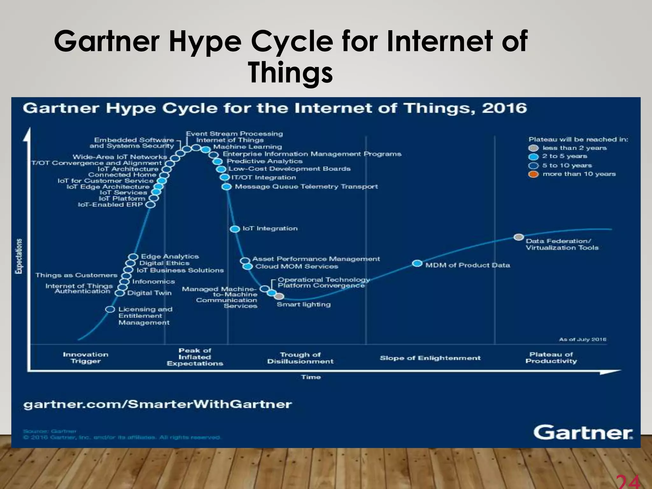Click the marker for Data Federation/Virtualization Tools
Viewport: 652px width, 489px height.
pos(519,237)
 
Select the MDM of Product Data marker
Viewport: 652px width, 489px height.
pos(417,263)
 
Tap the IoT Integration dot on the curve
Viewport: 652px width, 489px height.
pos(235,229)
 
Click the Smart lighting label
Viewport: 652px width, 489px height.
pos(303,304)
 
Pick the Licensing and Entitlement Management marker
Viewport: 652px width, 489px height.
pos(110,309)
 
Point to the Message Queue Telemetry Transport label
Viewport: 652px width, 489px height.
pos(306,187)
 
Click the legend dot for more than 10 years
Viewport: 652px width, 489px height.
pos(533,174)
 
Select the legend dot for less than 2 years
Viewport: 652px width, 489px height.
pos(533,148)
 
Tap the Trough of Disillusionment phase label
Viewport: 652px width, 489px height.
pos(300,358)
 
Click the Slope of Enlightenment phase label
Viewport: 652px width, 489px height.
pos(430,358)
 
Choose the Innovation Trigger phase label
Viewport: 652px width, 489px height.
pos(86,358)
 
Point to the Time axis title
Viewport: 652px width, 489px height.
pos(311,377)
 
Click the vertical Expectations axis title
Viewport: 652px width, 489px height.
pos(19,256)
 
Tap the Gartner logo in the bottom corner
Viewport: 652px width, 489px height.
pos(583,433)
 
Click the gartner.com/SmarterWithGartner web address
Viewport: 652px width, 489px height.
pos(158,404)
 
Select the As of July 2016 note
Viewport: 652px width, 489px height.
pos(582,339)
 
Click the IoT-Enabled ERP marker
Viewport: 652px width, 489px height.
pos(150,205)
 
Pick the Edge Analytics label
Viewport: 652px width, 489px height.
pos(170,256)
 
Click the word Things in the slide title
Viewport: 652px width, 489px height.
pos(290,73)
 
